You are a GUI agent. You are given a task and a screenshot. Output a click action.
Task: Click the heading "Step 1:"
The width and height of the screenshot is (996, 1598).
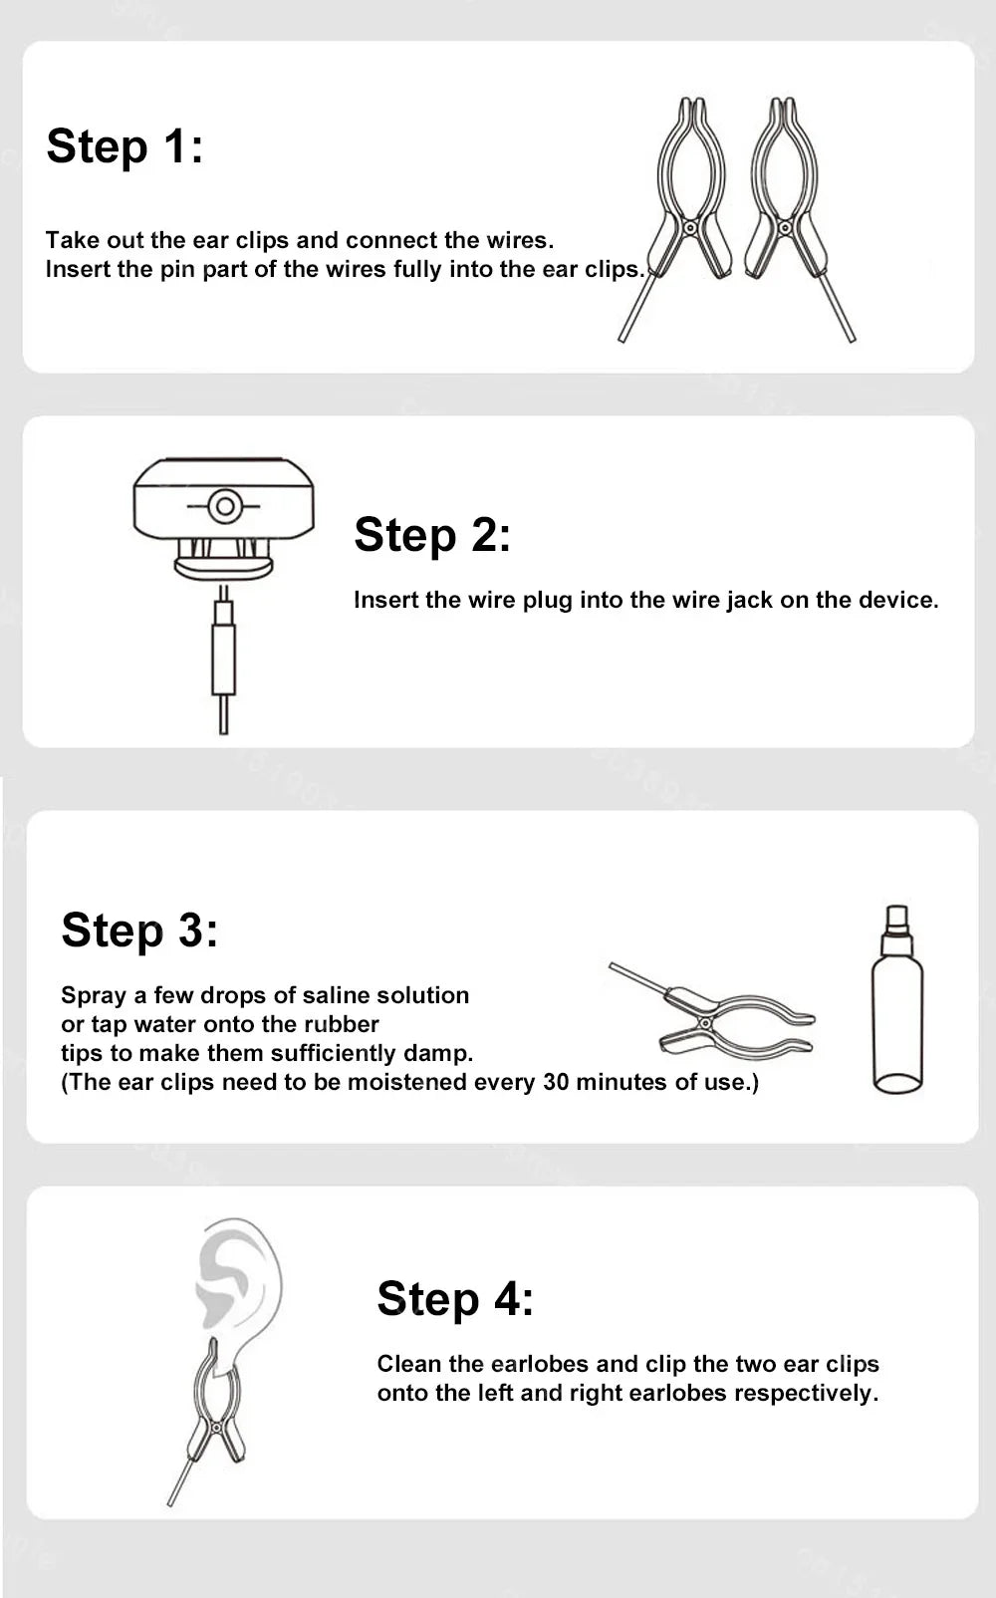click(x=124, y=147)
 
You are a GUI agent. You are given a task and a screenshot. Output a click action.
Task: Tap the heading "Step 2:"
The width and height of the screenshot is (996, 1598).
click(x=433, y=536)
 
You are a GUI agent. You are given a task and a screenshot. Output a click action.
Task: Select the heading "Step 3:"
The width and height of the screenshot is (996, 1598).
click(x=139, y=931)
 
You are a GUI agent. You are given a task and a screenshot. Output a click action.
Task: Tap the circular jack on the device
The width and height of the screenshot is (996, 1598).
click(x=224, y=506)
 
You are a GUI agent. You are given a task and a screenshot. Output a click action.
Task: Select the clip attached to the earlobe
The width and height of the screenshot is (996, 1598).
click(x=214, y=1420)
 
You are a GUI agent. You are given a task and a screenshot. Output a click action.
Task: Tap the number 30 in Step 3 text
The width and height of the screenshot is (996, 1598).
click(x=556, y=1082)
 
